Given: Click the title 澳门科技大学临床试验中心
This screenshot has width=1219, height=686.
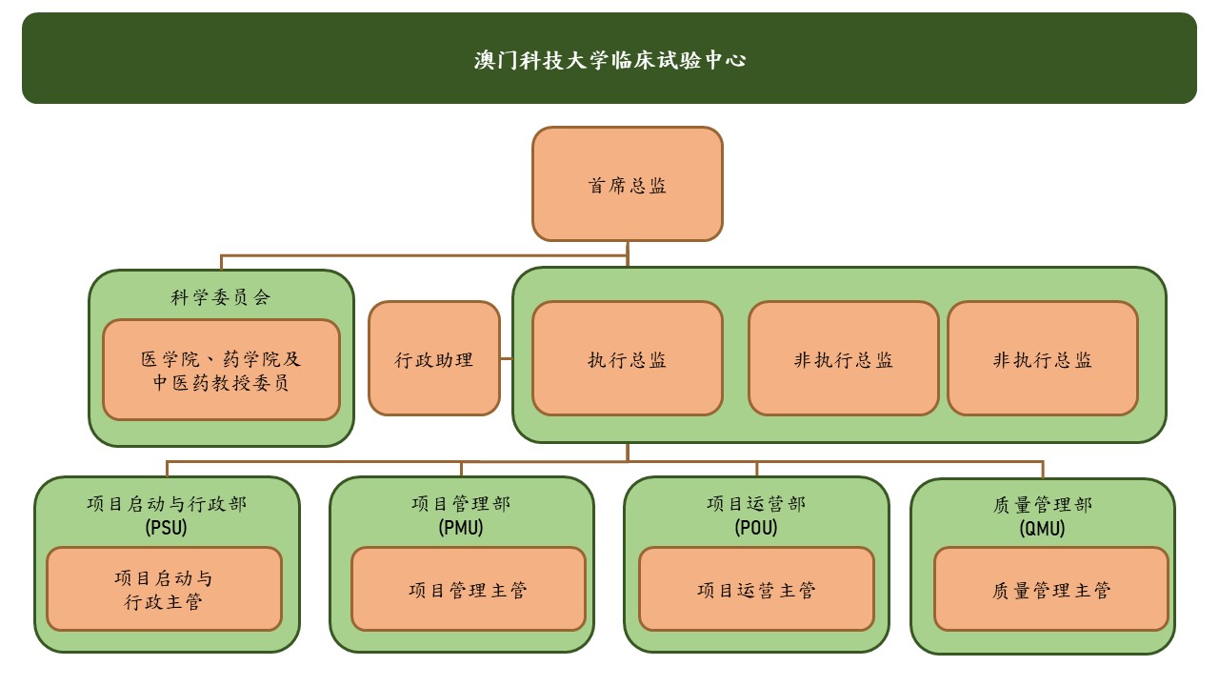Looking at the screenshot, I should pos(609,60).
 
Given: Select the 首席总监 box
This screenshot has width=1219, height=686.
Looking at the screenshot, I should pos(627,185).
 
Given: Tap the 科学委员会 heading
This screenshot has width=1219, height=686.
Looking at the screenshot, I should pos(221,297).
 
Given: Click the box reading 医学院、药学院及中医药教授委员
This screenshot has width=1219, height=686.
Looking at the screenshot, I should pos(221,371).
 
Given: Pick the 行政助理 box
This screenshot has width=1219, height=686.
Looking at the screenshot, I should pos(434,359).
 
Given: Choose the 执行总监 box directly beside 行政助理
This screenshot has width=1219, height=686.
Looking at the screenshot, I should pos(627,359).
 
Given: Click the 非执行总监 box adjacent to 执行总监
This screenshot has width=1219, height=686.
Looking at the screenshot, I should pos(843,359).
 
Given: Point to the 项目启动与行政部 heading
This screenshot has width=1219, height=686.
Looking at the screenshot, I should pos(167,503).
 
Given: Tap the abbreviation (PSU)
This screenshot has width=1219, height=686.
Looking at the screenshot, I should pos(167,527).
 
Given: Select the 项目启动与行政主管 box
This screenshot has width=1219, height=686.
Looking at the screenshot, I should pos(164,590).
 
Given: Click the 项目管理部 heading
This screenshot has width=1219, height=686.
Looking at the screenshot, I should pos(461,503).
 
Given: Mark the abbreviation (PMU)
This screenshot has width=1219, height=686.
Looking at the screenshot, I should pos(461,527).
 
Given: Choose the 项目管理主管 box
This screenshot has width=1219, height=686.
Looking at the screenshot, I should pos(468,590).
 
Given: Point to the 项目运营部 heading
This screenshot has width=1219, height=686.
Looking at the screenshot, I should pos(756,503).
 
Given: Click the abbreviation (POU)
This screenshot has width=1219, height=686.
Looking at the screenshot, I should pos(756,527).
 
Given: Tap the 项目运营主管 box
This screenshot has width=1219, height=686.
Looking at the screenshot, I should pos(756,590).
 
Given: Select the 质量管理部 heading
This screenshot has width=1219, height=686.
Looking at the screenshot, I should pos(1043,504).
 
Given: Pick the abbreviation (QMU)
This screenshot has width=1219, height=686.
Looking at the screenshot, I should pos(1043,528).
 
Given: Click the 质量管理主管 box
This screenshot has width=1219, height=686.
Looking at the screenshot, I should pos(1050,590).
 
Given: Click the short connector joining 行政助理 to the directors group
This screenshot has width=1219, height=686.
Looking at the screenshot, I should pos(507,359).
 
